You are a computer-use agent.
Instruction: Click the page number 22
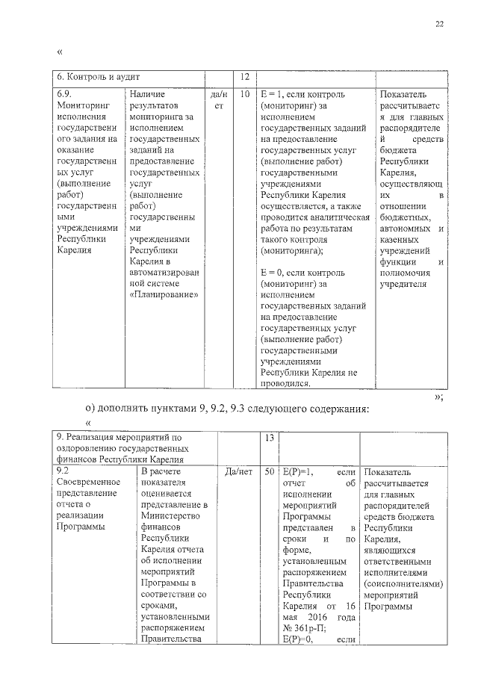coord(440,25)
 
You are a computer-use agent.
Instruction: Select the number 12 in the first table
coord(244,78)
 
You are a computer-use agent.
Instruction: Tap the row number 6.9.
coord(65,95)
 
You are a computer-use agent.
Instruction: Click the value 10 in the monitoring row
coord(244,95)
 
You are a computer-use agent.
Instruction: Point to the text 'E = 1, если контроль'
coord(304,95)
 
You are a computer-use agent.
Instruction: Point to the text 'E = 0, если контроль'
coord(304,273)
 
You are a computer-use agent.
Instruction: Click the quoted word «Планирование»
coord(164,294)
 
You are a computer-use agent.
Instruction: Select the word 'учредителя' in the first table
coord(403,284)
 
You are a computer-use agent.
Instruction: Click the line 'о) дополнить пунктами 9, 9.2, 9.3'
coord(226,409)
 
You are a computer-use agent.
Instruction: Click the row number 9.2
coord(63,471)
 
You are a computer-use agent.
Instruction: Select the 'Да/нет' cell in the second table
coord(238,471)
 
